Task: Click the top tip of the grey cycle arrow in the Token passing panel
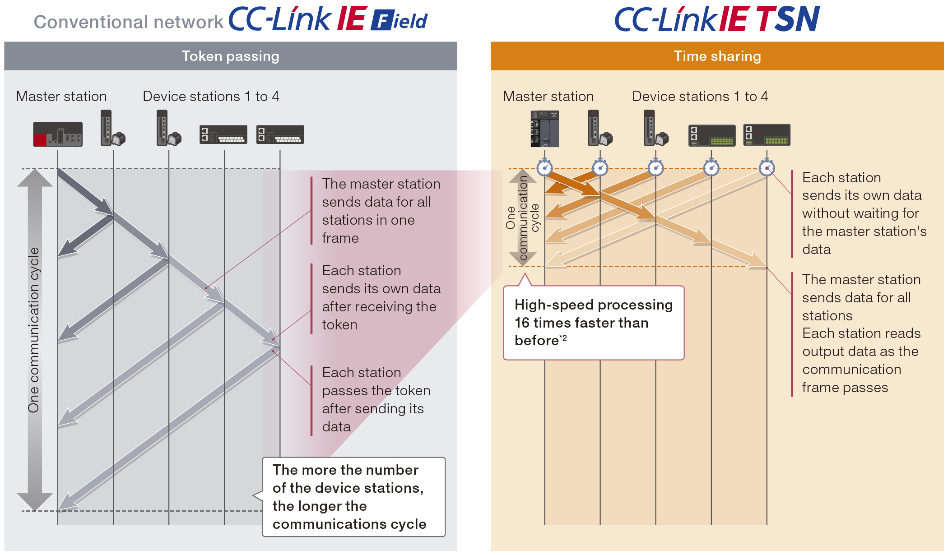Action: (x=35, y=169)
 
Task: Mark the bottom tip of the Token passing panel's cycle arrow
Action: (x=35, y=511)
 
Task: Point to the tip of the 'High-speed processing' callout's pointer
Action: (x=524, y=273)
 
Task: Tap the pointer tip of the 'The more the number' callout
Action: (x=253, y=495)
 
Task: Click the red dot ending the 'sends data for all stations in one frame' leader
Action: (x=206, y=288)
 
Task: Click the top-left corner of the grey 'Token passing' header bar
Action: (x=5, y=42)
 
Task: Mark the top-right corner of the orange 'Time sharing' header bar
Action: (x=943, y=42)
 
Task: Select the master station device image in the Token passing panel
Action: (x=58, y=134)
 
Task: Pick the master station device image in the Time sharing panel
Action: (x=545, y=129)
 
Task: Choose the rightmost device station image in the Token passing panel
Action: (x=280, y=134)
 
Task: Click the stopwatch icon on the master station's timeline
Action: (x=545, y=167)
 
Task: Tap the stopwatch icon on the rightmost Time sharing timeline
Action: (x=767, y=167)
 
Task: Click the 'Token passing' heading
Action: (x=230, y=56)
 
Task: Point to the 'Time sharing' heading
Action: (x=717, y=56)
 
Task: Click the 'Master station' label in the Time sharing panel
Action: (x=548, y=96)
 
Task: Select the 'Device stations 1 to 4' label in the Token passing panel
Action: (x=211, y=96)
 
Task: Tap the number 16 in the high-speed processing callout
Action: (x=522, y=323)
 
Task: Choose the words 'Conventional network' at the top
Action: (x=129, y=22)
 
